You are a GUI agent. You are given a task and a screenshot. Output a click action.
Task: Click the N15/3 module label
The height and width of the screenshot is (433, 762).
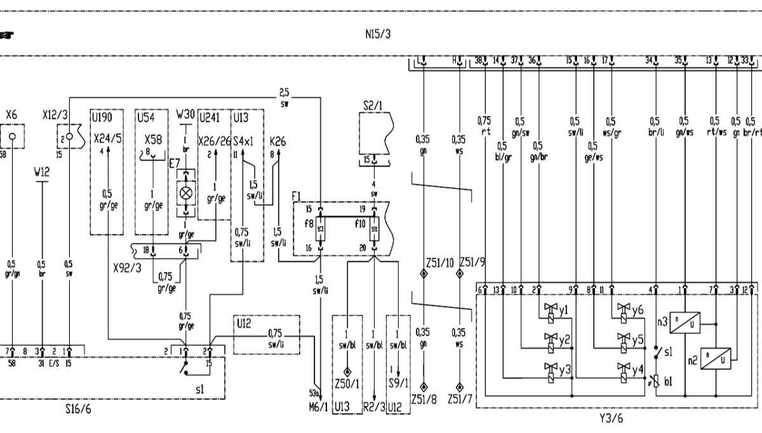(x=378, y=34)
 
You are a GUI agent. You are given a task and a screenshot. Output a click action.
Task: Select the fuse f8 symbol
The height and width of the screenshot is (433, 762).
(x=321, y=227)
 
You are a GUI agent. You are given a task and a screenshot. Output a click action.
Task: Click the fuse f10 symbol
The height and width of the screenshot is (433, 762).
(x=374, y=227)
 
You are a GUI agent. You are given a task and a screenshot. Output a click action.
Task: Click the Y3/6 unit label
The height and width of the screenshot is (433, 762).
(x=612, y=418)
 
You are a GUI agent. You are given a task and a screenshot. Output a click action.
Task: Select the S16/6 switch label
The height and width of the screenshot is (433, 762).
(x=78, y=410)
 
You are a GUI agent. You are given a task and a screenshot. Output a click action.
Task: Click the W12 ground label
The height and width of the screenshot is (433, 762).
(x=42, y=171)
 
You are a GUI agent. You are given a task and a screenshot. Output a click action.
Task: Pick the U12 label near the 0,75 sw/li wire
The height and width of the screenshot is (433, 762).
(x=244, y=323)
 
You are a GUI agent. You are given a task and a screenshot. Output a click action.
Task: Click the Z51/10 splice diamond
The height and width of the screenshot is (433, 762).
(x=422, y=274)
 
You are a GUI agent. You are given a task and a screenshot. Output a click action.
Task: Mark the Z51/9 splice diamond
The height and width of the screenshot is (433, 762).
(x=458, y=274)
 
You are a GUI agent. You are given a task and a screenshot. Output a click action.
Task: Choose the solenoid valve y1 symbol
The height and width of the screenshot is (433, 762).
(x=551, y=310)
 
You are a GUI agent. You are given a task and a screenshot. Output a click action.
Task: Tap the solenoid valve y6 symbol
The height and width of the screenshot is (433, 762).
(x=624, y=310)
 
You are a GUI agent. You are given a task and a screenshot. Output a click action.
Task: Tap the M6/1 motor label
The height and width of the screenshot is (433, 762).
(x=318, y=406)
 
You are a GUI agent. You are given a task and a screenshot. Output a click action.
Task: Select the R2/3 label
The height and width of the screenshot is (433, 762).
(x=375, y=406)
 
